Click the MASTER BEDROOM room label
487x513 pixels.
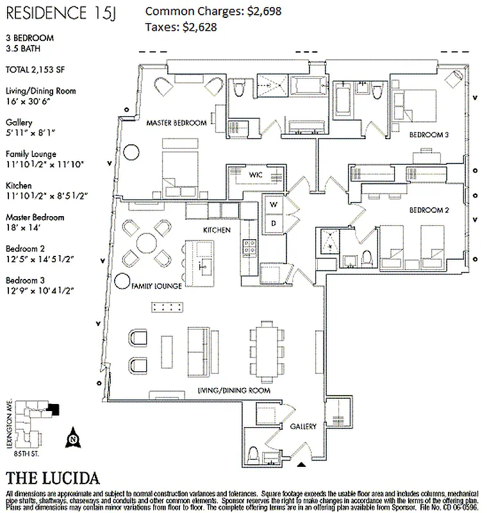pos(176,122)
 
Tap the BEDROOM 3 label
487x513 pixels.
pos(429,135)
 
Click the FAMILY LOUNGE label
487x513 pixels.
pos(157,285)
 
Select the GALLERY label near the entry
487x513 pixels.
pos(303,426)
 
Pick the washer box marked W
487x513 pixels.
pos(273,204)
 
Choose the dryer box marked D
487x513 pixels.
pos(273,222)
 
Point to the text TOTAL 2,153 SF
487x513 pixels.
pos(37,69)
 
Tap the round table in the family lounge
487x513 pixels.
pos(146,244)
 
